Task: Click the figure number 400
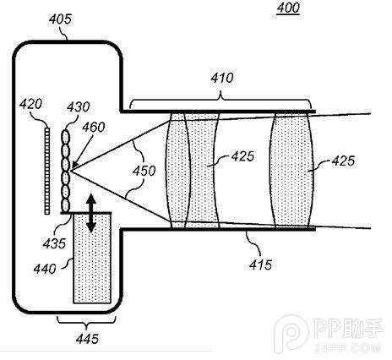point(287,11)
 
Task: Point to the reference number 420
point(31,105)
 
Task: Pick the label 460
point(94,128)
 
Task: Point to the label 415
point(259,265)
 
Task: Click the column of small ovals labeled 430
point(67,172)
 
